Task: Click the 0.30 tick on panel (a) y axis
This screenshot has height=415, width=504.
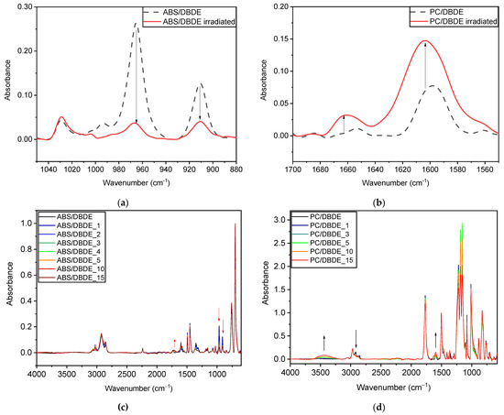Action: pos(24,6)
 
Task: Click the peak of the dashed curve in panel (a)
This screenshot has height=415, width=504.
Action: pos(137,24)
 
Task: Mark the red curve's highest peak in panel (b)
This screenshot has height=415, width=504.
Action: pos(424,40)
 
